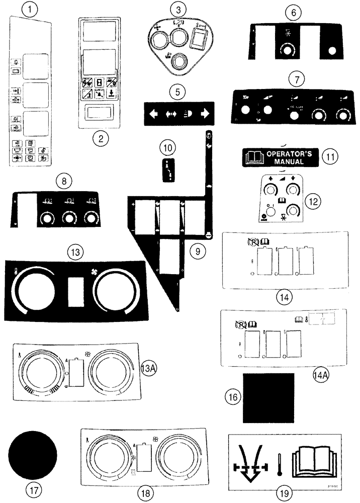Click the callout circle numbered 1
click(33, 9)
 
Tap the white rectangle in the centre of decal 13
click(77, 292)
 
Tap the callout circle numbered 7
click(297, 80)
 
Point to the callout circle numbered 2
click(101, 139)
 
